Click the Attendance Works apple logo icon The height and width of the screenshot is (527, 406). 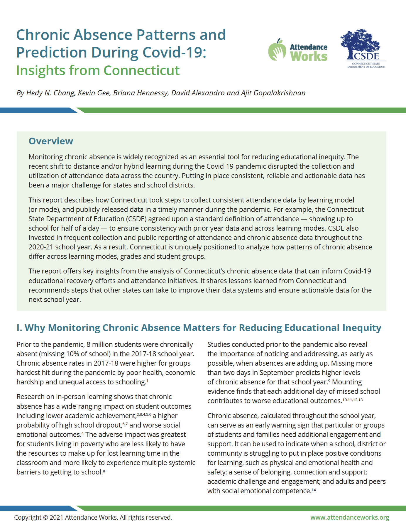pos(277,50)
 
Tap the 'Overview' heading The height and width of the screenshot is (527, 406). pos(51,141)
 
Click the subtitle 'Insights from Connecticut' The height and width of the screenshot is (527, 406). pos(98,70)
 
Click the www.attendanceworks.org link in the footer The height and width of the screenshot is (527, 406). pos(350,517)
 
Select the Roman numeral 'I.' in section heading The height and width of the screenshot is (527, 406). pos(19,328)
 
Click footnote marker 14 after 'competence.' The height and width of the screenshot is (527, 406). pos(314,490)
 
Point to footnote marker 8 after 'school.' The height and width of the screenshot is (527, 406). pos(104,471)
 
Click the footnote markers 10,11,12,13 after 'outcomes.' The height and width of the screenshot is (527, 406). pos(352,400)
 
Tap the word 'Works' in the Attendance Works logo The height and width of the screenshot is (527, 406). pos(309,56)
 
